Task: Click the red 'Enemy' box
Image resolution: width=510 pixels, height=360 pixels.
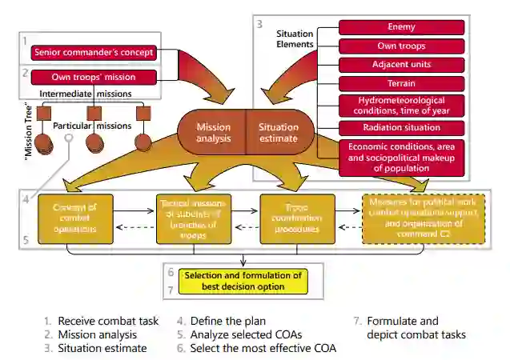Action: (x=401, y=27)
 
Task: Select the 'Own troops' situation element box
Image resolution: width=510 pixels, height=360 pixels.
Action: (x=401, y=46)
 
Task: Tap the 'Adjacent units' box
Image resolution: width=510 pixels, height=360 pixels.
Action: (x=401, y=64)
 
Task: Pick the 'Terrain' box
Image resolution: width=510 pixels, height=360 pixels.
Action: (x=401, y=82)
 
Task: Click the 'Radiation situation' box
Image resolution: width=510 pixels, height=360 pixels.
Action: (x=401, y=128)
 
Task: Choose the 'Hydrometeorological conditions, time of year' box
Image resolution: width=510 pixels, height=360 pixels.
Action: (x=401, y=105)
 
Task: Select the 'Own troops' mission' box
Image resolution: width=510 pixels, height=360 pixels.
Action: (x=93, y=78)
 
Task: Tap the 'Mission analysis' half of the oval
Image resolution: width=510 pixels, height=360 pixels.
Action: (x=213, y=132)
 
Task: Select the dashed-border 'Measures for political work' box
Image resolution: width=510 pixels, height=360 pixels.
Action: (x=412, y=218)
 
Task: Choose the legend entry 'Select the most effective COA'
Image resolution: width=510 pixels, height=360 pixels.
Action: (x=263, y=348)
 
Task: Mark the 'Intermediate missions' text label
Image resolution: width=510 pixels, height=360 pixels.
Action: (x=86, y=94)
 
